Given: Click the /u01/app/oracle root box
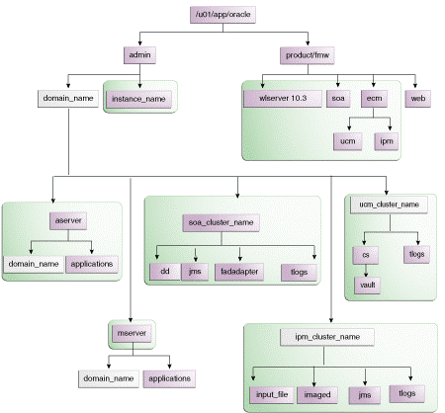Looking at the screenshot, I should [222, 15].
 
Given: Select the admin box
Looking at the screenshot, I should [140, 54].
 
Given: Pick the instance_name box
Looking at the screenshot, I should [138, 99].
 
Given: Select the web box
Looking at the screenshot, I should [418, 99].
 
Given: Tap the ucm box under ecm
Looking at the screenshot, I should [347, 140].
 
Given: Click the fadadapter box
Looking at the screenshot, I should [238, 270].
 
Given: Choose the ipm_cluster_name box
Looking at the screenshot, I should [333, 338].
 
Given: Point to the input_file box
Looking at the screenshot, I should [270, 393].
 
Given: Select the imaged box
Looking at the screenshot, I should [320, 393].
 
